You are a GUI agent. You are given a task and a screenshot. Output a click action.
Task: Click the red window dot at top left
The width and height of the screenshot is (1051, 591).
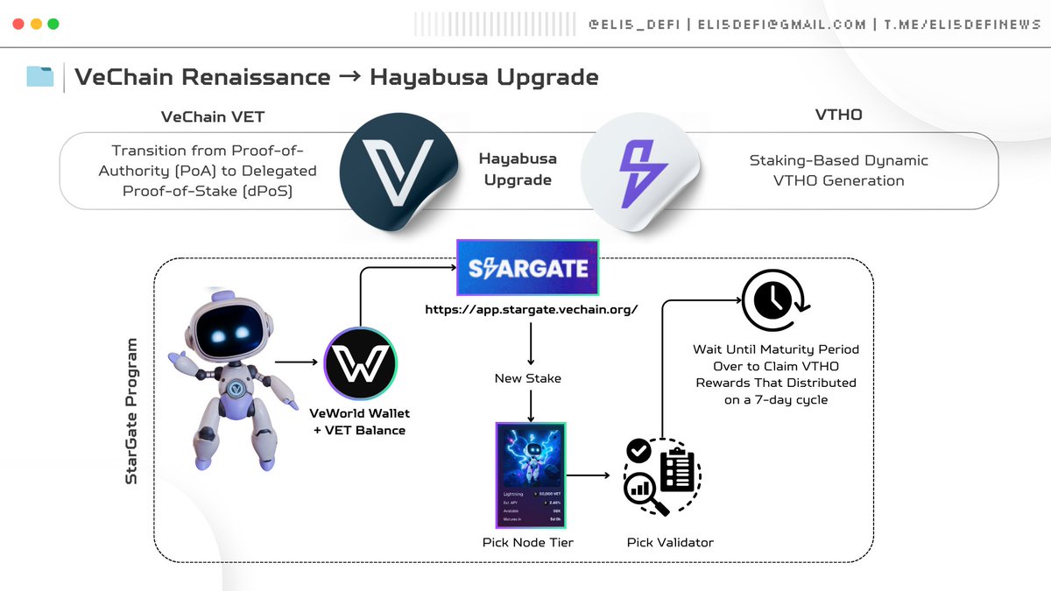tap(18, 24)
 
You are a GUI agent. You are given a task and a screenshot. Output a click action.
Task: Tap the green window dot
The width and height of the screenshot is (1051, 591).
tap(53, 24)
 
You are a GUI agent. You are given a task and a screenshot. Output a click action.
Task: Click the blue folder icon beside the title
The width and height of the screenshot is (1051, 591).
tap(40, 77)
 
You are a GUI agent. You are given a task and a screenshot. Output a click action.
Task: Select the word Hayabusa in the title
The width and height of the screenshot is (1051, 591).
tap(419, 77)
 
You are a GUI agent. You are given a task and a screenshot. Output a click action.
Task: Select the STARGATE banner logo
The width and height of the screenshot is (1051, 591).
tap(527, 267)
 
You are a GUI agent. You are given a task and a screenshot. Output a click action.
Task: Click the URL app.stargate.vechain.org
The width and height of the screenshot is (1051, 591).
tap(531, 310)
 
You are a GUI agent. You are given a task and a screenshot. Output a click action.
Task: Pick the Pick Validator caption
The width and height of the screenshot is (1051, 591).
tap(670, 542)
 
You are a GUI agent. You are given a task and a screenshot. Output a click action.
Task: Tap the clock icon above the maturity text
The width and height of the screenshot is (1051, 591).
tap(773, 300)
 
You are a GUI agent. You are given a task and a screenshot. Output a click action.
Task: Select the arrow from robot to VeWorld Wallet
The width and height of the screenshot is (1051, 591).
tap(296, 361)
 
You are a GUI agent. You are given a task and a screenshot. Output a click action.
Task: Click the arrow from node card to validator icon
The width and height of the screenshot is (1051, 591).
tap(589, 475)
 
